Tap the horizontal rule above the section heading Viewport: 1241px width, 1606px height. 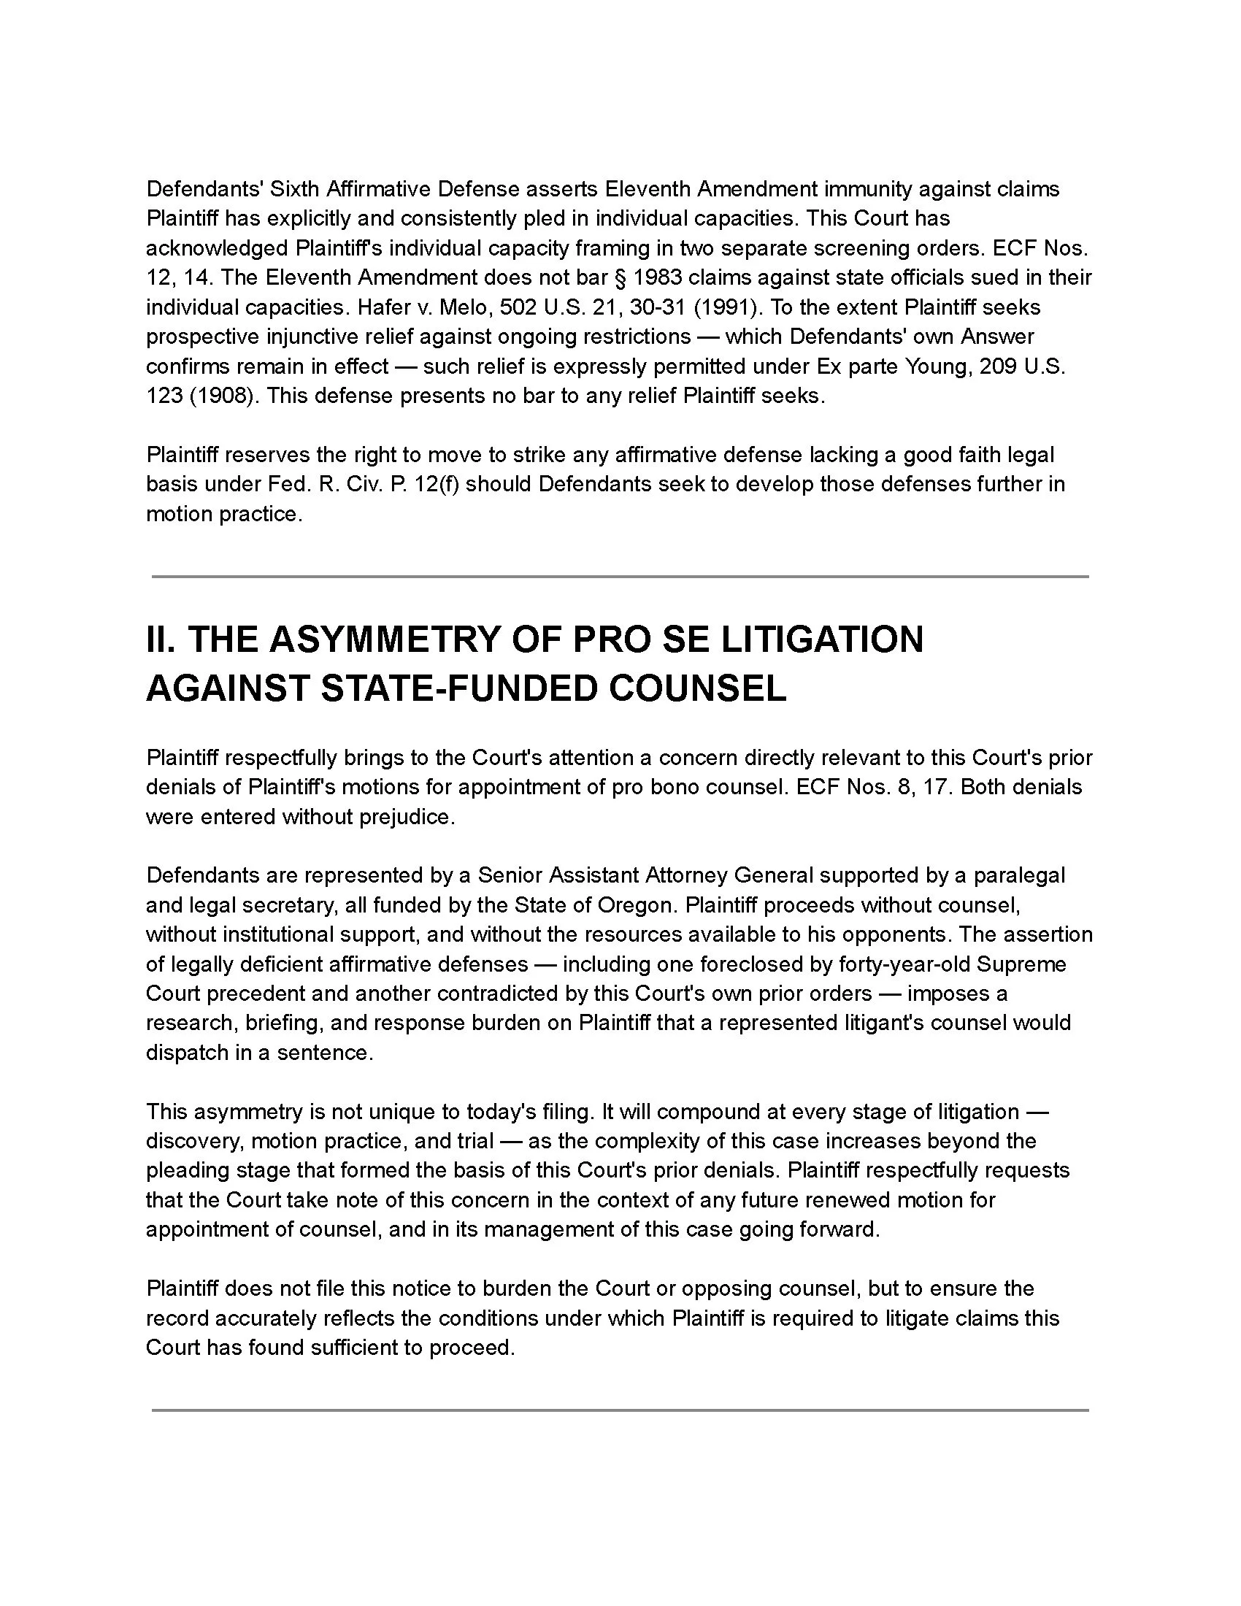[620, 577]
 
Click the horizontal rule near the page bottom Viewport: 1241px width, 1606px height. [620, 1410]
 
